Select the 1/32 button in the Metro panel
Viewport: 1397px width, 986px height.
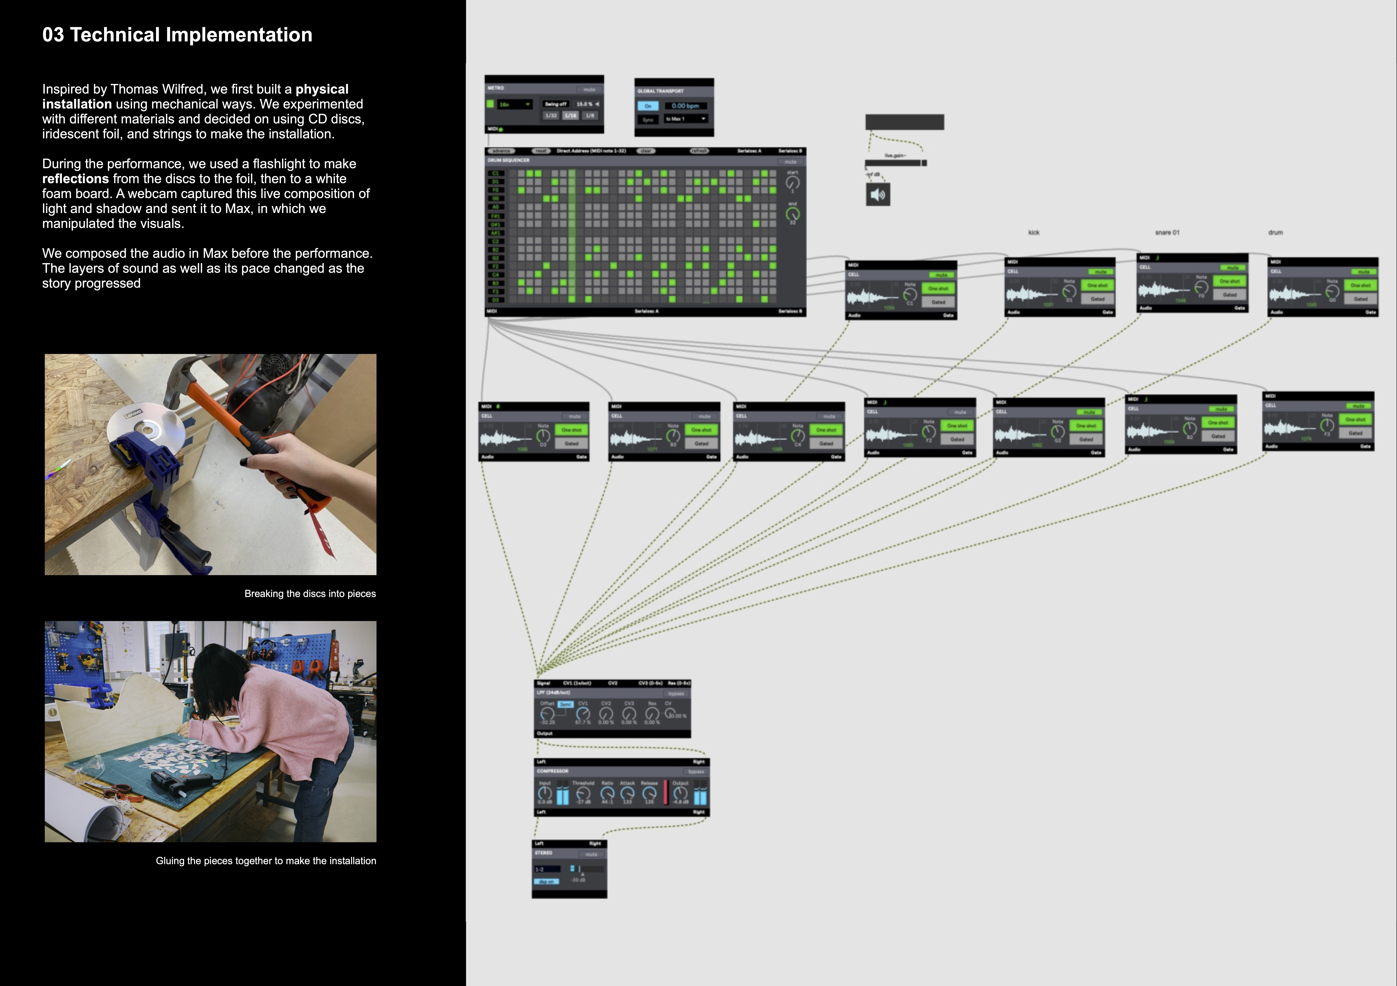[x=551, y=116]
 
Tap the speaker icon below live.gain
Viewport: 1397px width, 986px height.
[x=877, y=195]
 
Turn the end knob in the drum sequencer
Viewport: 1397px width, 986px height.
[x=792, y=214]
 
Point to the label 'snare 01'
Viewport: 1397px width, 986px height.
[x=1167, y=233]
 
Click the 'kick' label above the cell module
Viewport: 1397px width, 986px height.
[x=1034, y=233]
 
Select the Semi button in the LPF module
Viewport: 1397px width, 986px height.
[x=565, y=704]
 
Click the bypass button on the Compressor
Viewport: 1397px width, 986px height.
[x=695, y=772]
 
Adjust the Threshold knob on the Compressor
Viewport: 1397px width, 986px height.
[x=583, y=794]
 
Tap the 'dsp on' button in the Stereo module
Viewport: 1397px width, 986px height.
[x=546, y=881]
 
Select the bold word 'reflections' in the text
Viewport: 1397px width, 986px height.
[x=75, y=179]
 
